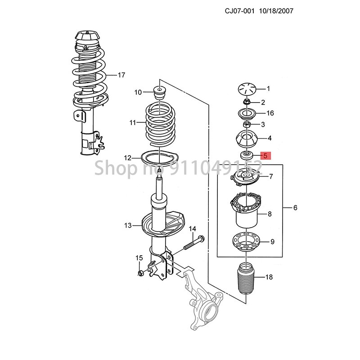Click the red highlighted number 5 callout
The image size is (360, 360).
point(265,156)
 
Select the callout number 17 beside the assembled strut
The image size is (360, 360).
point(121,75)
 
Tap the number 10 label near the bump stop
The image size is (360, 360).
point(138,92)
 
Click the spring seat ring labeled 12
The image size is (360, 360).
point(160,159)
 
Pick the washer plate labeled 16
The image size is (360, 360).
point(246,112)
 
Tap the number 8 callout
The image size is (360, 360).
point(270,214)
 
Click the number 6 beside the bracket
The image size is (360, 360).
point(295,208)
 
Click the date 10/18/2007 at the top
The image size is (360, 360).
point(276,10)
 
